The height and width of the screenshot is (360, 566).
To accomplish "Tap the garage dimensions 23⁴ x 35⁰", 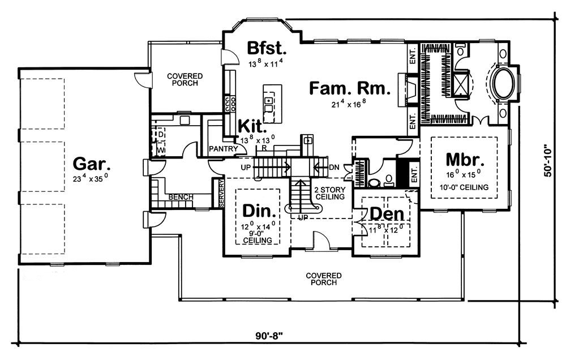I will pyautogui.click(x=91, y=179).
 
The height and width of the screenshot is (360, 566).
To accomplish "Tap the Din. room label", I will pyautogui.click(x=259, y=211).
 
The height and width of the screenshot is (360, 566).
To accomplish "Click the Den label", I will pyautogui.click(x=387, y=213).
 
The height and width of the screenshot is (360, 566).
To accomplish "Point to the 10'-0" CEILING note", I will pyautogui.click(x=464, y=186).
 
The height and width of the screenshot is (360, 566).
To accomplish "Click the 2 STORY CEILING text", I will pyautogui.click(x=329, y=192).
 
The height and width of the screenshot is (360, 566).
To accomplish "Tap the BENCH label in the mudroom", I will pyautogui.click(x=181, y=197).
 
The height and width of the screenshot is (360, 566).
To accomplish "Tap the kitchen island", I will pyautogui.click(x=272, y=101).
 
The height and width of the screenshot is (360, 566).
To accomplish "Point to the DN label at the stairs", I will pyautogui.click(x=333, y=168).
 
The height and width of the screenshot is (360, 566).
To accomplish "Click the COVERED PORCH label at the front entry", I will pyautogui.click(x=324, y=278).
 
